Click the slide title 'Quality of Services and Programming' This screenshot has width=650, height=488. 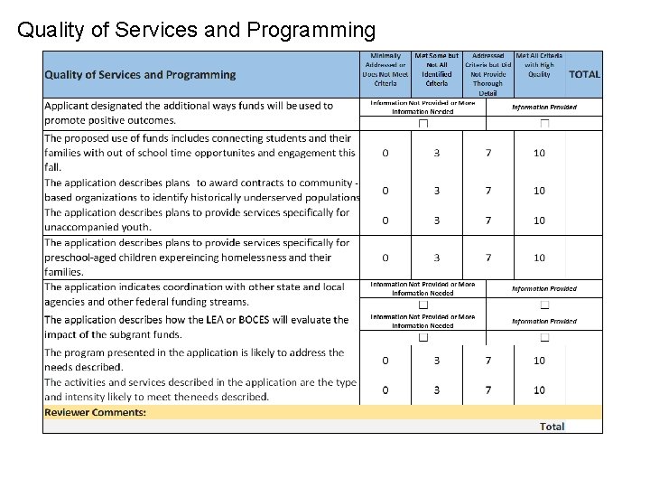click(x=196, y=31)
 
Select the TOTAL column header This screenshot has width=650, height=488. click(x=584, y=74)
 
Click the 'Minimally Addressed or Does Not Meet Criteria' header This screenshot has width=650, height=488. click(x=385, y=70)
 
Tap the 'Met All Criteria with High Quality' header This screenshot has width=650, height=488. click(x=539, y=65)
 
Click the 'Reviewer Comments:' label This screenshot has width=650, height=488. click(x=95, y=412)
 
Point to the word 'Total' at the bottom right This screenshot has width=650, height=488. click(x=552, y=427)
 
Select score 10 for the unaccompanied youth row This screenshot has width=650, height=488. click(x=539, y=221)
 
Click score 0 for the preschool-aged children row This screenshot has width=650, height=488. click(x=385, y=258)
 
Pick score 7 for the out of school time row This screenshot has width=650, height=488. click(x=488, y=153)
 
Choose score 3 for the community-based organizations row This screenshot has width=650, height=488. click(x=437, y=191)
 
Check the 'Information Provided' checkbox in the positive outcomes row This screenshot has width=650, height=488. click(x=544, y=123)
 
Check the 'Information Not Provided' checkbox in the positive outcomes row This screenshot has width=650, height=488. click(x=422, y=123)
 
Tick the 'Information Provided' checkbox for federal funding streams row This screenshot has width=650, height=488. click(x=544, y=305)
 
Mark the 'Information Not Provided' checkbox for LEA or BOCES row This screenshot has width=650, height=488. click(x=422, y=337)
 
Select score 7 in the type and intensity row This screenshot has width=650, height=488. click(x=488, y=389)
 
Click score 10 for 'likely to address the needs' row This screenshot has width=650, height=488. click(x=539, y=361)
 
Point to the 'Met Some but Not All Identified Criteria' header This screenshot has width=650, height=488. click(x=437, y=70)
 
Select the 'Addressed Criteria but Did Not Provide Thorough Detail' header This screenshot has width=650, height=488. click(x=488, y=74)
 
